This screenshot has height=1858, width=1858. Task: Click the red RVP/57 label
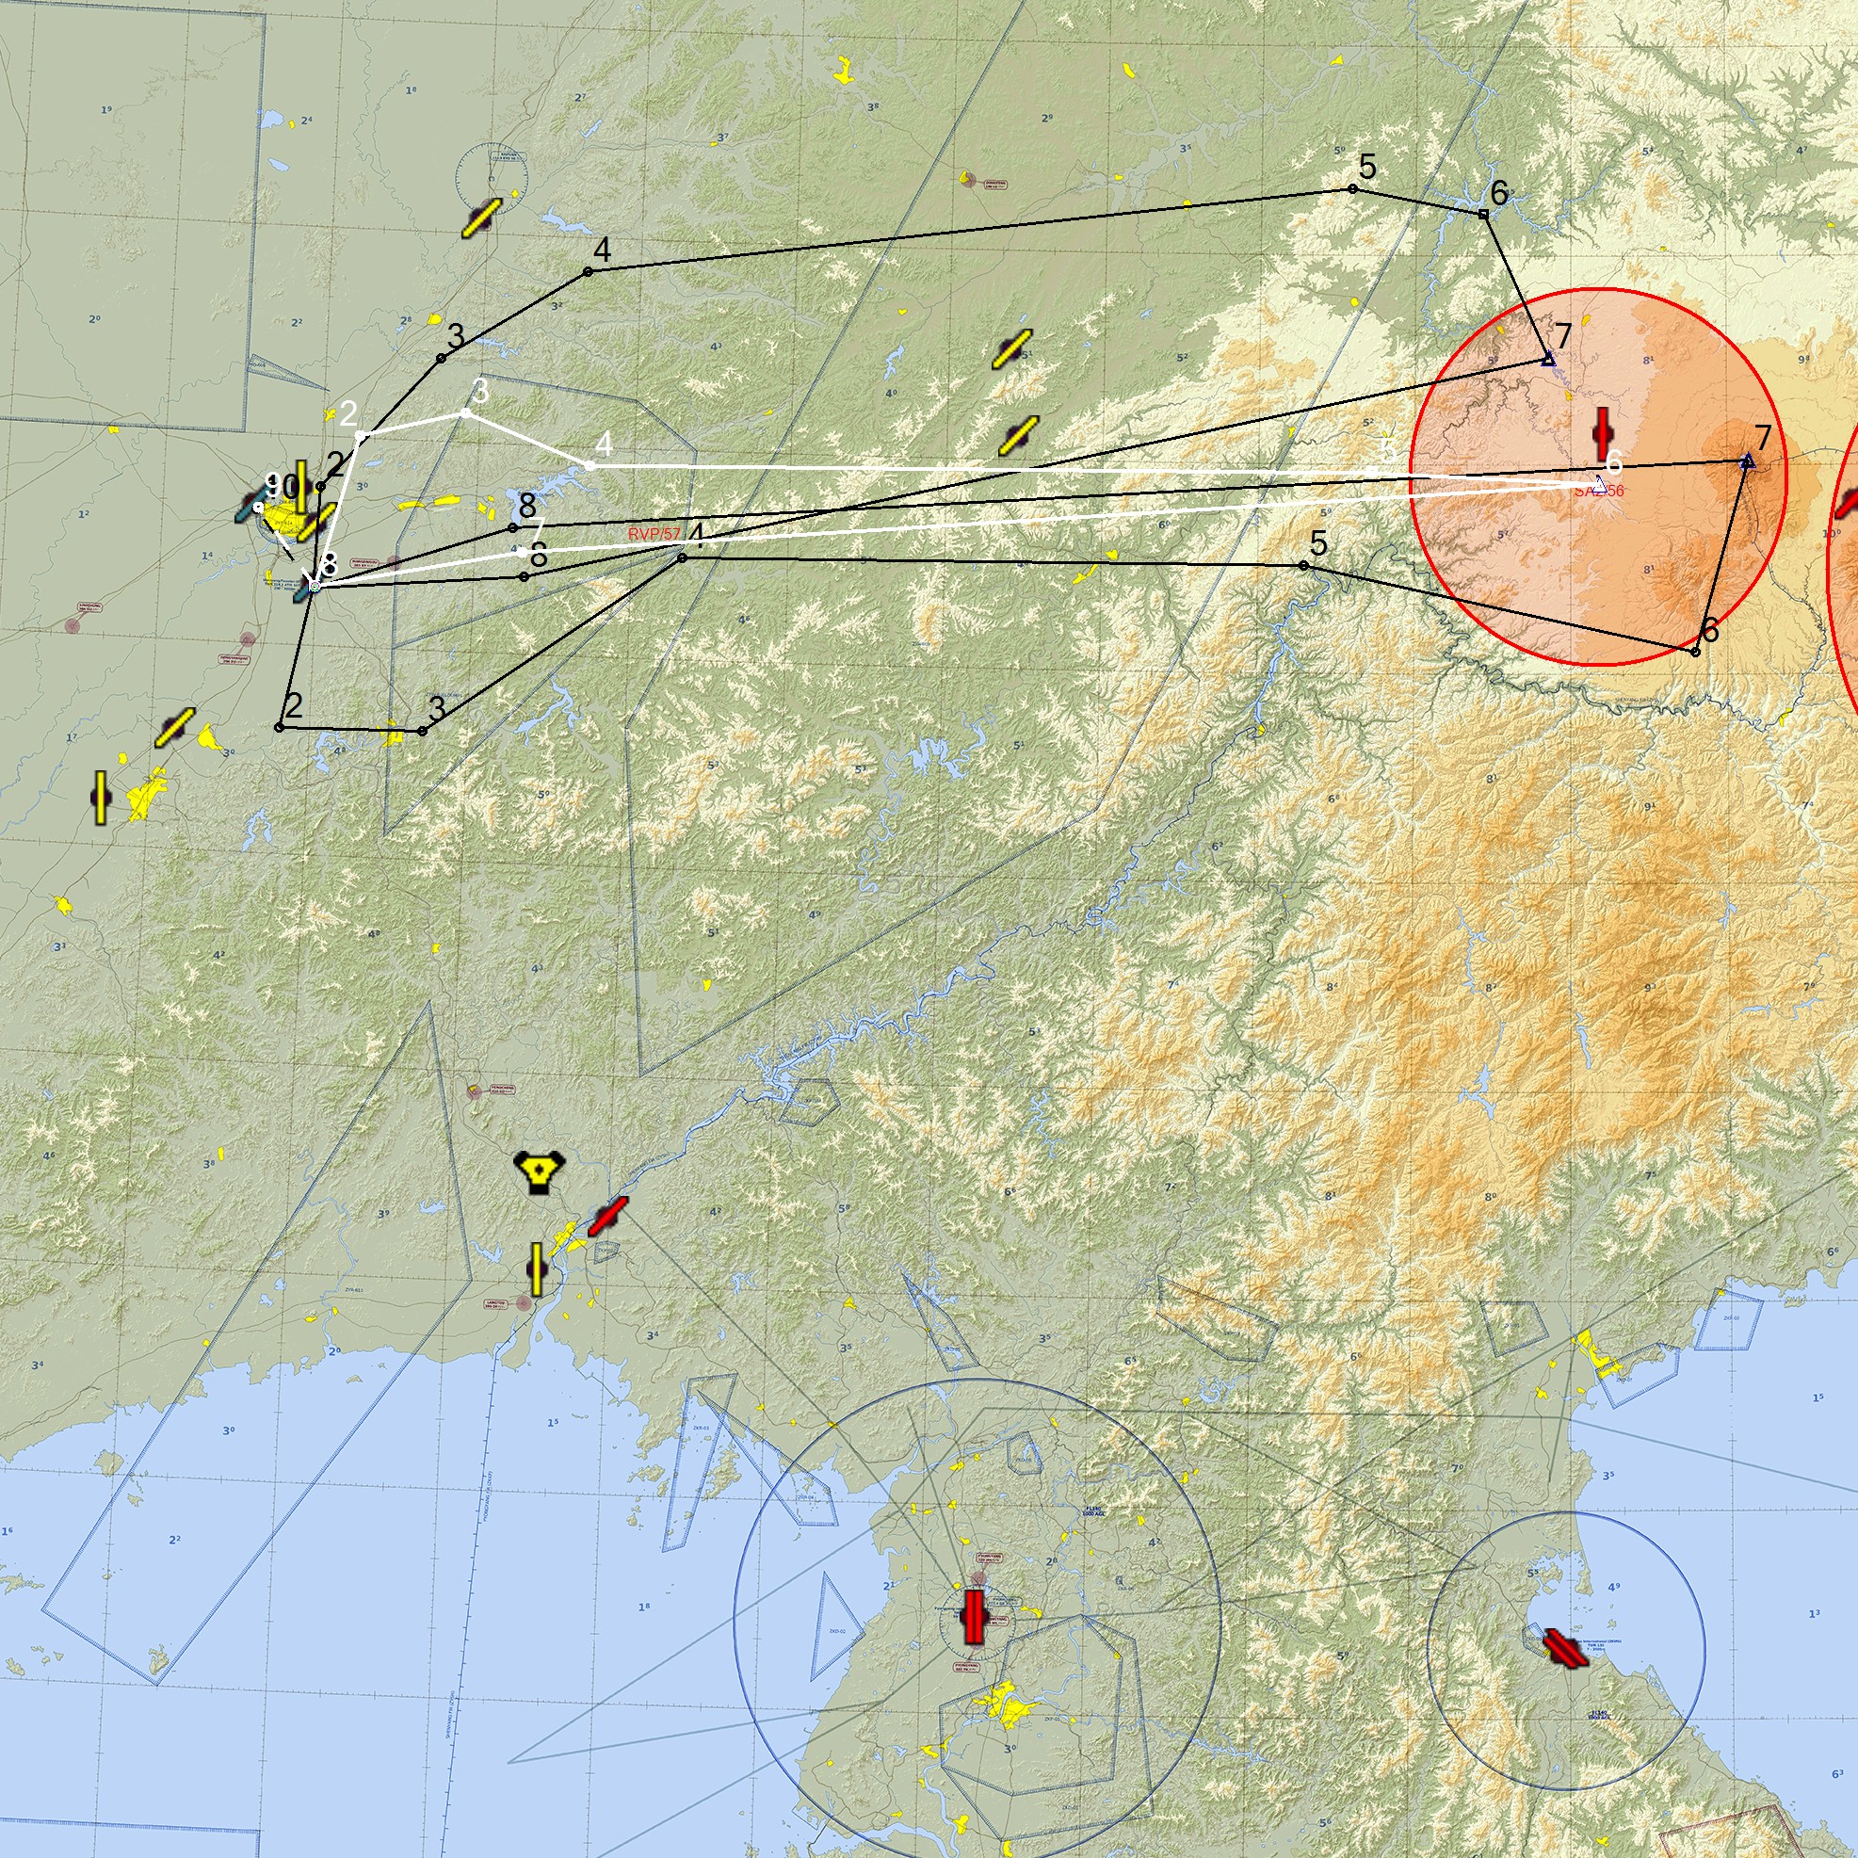coord(653,534)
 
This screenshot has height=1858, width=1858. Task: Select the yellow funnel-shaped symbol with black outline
coord(540,1171)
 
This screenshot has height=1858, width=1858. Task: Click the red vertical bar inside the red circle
coord(1601,434)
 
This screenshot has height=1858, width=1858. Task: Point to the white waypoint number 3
coord(480,393)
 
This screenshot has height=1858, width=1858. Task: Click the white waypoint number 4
coord(603,444)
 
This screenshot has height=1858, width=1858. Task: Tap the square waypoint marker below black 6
coord(1483,214)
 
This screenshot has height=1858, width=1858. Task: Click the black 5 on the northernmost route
coord(1366,169)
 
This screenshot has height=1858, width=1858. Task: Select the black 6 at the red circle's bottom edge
coord(1709,631)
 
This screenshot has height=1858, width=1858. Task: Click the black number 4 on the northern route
coord(601,251)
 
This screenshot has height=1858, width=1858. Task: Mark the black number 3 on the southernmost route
coord(437,710)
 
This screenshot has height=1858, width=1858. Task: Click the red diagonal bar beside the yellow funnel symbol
coord(607,1217)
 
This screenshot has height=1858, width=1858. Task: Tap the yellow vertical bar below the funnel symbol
coord(537,1268)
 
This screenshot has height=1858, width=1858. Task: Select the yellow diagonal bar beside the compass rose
coord(481,218)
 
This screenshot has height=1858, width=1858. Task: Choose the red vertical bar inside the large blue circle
coord(974,1617)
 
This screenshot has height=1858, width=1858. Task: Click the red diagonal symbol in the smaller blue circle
coord(1565,1648)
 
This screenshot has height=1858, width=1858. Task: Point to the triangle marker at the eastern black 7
coord(1748,461)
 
